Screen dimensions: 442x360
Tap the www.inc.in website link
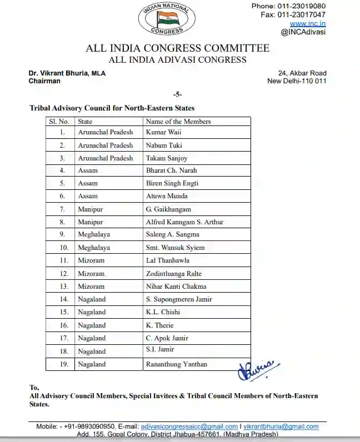307,23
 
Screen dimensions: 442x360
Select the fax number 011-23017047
293,14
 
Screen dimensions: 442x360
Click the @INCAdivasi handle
303,32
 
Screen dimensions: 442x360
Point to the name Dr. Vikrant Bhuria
58,73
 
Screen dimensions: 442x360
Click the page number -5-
177,94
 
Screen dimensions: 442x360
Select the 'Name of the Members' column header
178,121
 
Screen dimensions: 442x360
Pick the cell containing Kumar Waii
163,132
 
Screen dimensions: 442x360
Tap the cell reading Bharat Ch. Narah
171,170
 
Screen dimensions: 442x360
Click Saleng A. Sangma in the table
172,235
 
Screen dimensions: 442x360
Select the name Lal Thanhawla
167,260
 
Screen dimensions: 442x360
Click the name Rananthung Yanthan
176,364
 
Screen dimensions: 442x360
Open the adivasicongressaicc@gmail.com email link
189,426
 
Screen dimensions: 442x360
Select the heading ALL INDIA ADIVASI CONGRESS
177,60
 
